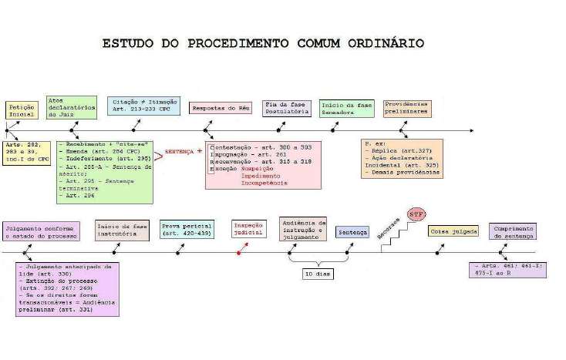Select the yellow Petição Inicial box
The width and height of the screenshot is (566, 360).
tap(21, 110)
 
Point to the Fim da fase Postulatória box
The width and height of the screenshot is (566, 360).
tap(287, 108)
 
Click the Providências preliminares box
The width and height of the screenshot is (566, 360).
tap(406, 108)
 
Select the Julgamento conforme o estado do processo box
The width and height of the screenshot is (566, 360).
tap(40, 232)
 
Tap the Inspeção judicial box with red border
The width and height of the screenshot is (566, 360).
tap(248, 229)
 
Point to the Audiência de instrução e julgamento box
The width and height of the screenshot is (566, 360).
tap(303, 229)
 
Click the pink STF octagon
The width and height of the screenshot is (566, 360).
tap(416, 214)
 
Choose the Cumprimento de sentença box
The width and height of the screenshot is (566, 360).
tap(512, 231)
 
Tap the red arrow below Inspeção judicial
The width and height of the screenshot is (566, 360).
tap(243, 250)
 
